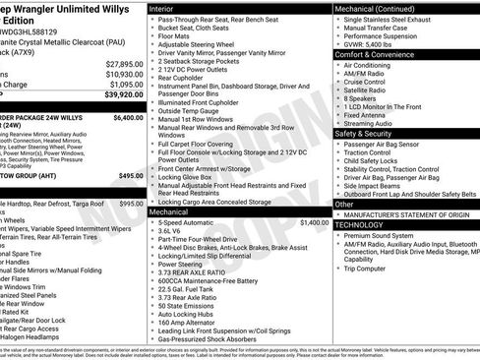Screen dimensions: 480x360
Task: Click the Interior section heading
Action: point(164,8)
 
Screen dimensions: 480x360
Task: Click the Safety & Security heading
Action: point(366,132)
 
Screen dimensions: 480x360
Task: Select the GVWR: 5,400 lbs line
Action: point(371,45)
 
